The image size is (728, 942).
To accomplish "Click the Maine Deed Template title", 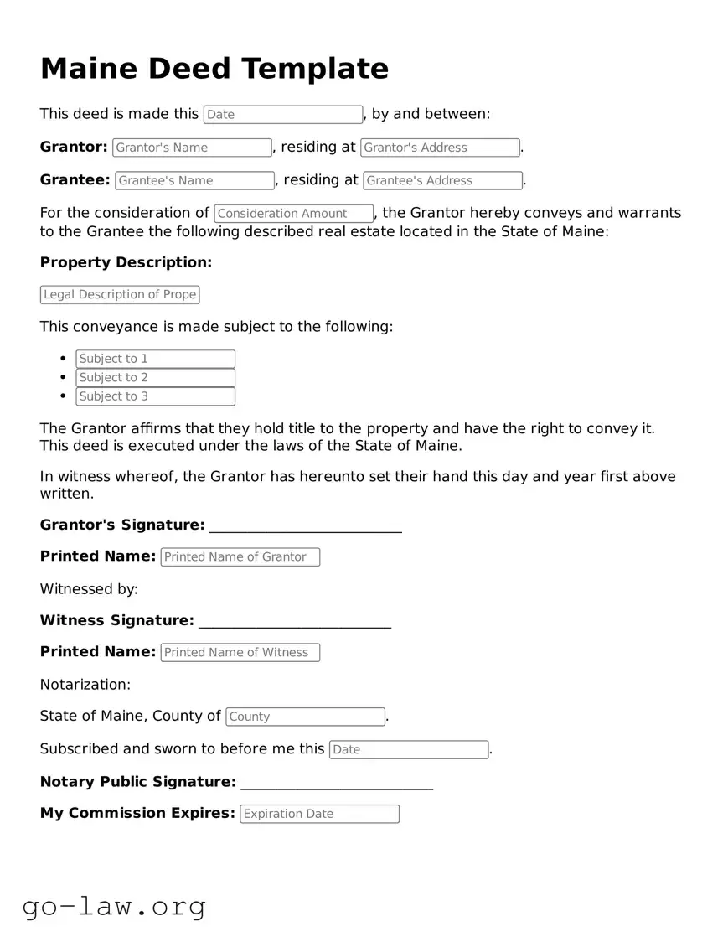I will tap(214, 69).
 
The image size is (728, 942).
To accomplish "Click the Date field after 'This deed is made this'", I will tap(282, 115).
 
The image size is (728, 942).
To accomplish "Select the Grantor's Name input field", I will tap(192, 148).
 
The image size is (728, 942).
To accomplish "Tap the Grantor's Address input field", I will tap(440, 148).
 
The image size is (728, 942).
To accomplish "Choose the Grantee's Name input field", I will tap(194, 180).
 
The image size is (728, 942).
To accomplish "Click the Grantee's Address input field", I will tap(442, 180).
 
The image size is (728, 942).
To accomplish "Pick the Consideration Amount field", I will tap(293, 214).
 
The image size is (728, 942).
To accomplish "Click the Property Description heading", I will tap(126, 262).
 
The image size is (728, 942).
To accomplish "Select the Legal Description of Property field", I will tap(120, 294).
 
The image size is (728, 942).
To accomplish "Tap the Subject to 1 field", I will tap(155, 359).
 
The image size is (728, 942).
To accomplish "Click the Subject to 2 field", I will tap(155, 378).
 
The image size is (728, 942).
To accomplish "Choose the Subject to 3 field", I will tap(155, 396).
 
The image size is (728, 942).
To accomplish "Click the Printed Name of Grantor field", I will tap(240, 557).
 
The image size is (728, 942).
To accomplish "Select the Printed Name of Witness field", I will tap(240, 653).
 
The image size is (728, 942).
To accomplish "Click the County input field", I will tap(305, 717).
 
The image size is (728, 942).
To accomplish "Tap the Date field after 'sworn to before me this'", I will tap(408, 750).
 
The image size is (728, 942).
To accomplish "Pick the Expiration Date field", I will tap(319, 814).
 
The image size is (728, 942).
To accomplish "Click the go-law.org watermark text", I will tap(114, 906).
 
